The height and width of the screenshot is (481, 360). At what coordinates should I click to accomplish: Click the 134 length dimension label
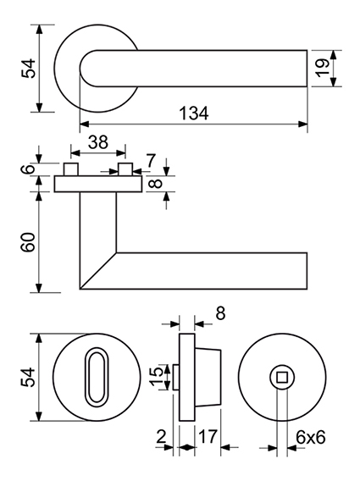[x=194, y=113]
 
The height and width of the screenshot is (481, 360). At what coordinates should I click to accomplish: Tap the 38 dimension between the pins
[x=98, y=142]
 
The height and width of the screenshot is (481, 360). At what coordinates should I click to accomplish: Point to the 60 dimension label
[x=28, y=242]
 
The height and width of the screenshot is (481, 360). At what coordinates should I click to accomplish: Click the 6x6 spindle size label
[x=310, y=437]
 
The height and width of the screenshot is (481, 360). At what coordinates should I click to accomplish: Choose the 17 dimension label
[x=208, y=436]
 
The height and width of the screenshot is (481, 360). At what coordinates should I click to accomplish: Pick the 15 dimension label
[x=157, y=376]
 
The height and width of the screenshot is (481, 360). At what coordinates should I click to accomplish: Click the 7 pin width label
[x=151, y=161]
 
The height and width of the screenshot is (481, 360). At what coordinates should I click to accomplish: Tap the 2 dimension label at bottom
[x=161, y=436]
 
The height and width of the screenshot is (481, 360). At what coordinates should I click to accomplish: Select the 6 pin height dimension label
[x=28, y=169]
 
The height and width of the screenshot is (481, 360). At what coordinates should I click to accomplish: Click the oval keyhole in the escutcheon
[x=97, y=375]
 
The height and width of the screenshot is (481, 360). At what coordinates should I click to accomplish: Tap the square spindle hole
[x=282, y=377]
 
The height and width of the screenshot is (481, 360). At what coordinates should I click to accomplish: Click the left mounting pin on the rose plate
[x=71, y=169]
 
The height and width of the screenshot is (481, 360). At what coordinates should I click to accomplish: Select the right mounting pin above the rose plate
[x=125, y=169]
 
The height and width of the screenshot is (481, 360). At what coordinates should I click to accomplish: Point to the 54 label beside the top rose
[x=28, y=68]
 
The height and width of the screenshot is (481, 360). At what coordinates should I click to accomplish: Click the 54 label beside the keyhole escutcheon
[x=28, y=377]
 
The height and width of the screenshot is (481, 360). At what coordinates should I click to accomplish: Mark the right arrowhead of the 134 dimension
[x=303, y=124]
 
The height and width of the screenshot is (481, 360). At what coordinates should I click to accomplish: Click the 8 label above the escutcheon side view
[x=220, y=313]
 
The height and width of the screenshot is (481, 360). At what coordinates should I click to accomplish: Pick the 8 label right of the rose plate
[x=157, y=184]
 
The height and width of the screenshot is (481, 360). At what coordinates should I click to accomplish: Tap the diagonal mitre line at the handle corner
[x=98, y=271]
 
